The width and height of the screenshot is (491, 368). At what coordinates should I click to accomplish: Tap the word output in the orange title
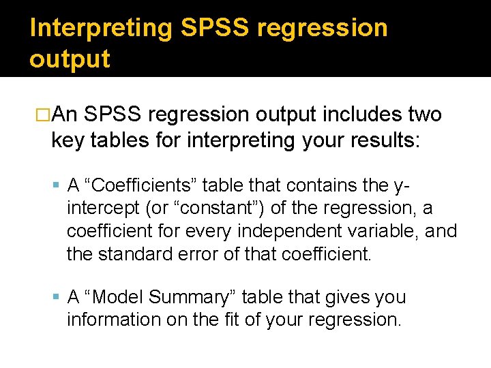[70, 59]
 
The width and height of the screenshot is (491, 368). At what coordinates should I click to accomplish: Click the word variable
[372, 232]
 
